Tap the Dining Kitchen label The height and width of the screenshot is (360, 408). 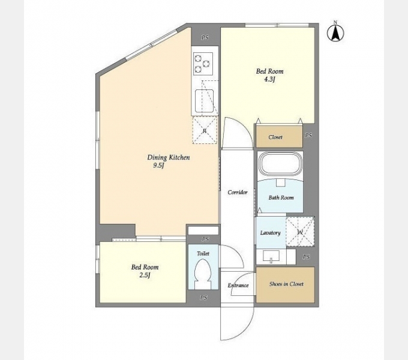click(169, 157)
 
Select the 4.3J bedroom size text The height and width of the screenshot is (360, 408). click(269, 79)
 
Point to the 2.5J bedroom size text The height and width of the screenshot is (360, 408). click(145, 275)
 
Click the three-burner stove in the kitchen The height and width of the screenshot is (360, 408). click(203, 62)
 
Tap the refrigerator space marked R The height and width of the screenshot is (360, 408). click(205, 130)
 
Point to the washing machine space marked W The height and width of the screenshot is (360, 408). click(300, 232)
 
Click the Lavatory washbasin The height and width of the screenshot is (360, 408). click(271, 256)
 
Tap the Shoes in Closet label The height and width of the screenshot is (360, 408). click(286, 284)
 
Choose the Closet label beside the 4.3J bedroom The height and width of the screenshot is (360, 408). click(275, 137)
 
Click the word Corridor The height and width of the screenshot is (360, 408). click(238, 192)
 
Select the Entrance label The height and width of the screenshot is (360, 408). click(238, 286)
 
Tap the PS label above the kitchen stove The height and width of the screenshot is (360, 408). click(205, 38)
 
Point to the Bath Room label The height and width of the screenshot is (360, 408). click(281, 197)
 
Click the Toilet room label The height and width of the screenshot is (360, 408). click(203, 253)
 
